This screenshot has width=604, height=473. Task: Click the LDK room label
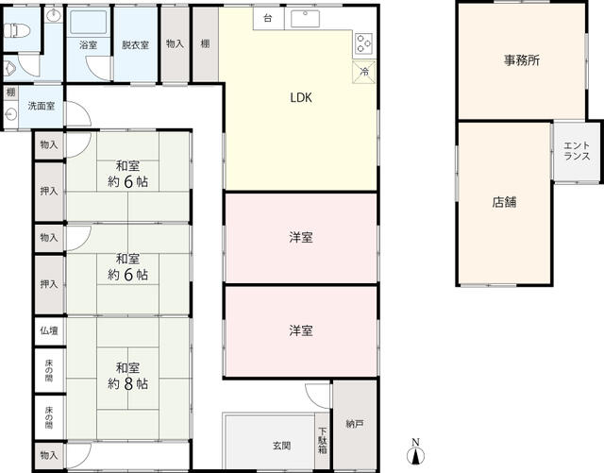(x=301, y=98)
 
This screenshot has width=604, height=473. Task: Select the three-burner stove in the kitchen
(x=363, y=43)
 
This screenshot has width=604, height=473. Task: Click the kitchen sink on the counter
(x=305, y=19)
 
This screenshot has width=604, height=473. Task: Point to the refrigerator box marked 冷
(x=364, y=72)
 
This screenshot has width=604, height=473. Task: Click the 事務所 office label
(x=522, y=60)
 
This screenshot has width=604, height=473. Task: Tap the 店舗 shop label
(x=504, y=202)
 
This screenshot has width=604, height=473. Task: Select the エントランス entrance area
(x=577, y=151)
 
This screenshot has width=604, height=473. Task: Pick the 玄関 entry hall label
(x=281, y=446)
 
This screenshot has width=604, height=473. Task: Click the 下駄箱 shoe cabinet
(x=323, y=441)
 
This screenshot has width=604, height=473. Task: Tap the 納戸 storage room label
(x=355, y=425)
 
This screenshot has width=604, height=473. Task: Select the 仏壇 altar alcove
(x=49, y=331)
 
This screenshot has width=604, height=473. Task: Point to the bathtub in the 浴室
(x=89, y=23)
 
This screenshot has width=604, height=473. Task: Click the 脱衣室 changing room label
(x=135, y=45)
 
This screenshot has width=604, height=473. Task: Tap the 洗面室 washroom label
(x=42, y=106)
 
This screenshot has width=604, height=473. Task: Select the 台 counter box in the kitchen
(x=268, y=18)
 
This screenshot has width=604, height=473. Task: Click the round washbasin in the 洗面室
(x=10, y=114)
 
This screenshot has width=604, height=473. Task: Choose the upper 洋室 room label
(x=301, y=238)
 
